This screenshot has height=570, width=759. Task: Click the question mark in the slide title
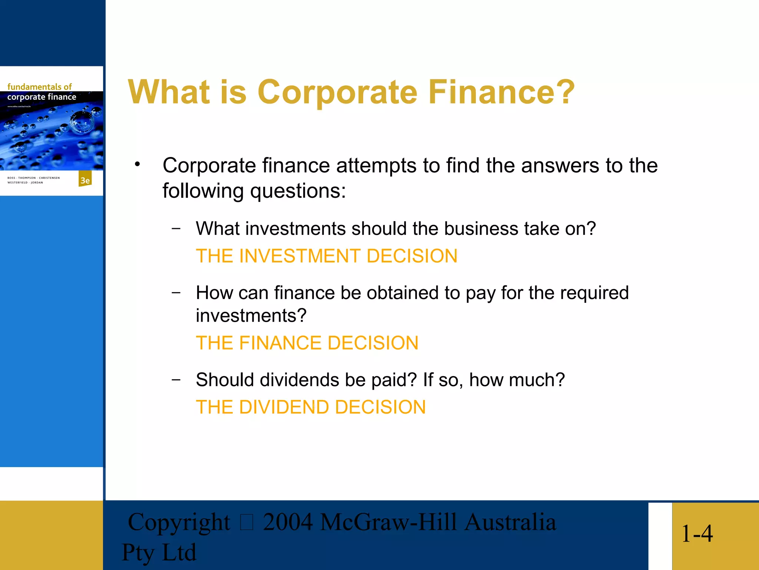[x=563, y=92]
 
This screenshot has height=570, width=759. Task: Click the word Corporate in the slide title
[x=337, y=92]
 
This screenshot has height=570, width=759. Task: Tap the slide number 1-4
[x=697, y=534]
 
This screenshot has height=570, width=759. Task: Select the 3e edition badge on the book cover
[x=85, y=180]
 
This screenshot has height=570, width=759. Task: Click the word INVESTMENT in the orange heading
[x=300, y=256]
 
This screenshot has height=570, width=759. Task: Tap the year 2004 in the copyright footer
[x=288, y=522]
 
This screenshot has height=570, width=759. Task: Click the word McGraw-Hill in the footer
[x=388, y=522]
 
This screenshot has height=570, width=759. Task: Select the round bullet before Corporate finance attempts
[x=137, y=164]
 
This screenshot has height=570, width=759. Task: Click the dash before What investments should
[x=176, y=228]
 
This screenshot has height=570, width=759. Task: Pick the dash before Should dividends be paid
[x=176, y=379]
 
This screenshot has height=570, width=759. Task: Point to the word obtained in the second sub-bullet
[x=403, y=293]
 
